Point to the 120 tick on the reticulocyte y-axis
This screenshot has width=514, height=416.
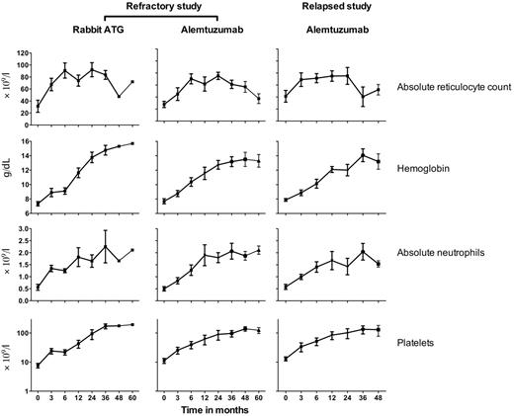[x=22, y=44]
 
